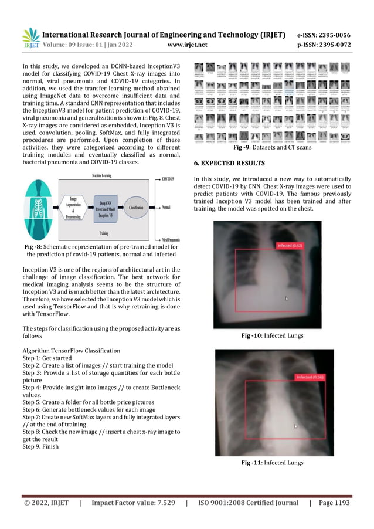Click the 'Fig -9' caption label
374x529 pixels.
[x=242, y=148]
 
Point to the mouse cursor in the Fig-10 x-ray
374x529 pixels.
[x=286, y=299]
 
